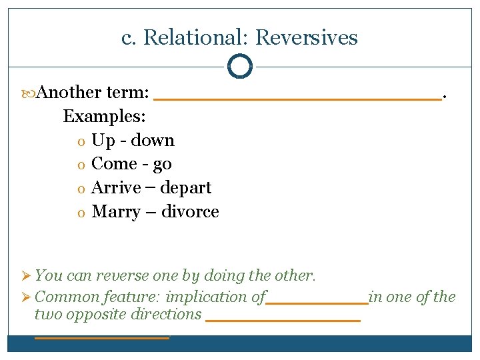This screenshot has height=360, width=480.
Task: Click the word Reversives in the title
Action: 306,38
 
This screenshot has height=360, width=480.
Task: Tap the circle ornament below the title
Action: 240,67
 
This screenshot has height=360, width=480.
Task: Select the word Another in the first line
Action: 69,92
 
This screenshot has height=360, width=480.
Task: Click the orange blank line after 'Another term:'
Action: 297,98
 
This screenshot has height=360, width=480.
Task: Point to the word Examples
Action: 105,116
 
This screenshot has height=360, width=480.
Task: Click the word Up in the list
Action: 103,141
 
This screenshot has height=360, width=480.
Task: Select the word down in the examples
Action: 153,140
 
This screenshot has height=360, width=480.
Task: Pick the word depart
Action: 186,188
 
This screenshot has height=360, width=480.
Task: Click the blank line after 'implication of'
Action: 317,303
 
